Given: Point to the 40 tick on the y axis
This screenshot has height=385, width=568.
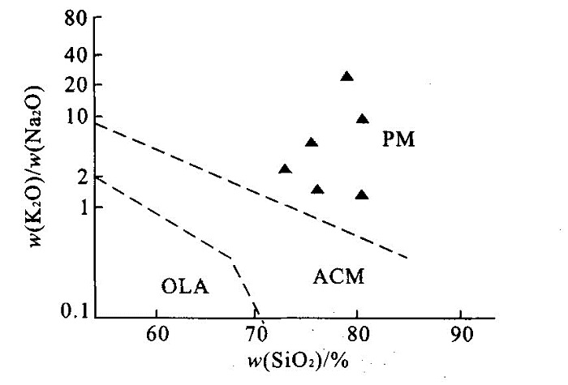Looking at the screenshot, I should pos(78,55).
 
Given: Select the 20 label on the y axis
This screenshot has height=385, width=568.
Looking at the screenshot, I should pos(78,85).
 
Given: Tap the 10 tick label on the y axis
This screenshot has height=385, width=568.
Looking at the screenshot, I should pos(78,116).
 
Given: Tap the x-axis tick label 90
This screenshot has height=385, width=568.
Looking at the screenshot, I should pos(461,333).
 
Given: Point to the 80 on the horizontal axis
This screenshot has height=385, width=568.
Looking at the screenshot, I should pos(359,333).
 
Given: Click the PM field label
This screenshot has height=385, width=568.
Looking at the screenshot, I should pos(398,139).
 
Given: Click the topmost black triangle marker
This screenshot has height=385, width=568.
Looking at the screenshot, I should pos(346,77).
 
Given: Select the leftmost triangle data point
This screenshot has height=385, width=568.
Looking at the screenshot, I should pos(284,169).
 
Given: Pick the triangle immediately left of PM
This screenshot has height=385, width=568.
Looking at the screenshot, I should pos(362,119).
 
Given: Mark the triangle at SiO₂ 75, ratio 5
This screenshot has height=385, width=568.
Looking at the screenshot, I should pos(311,143).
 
